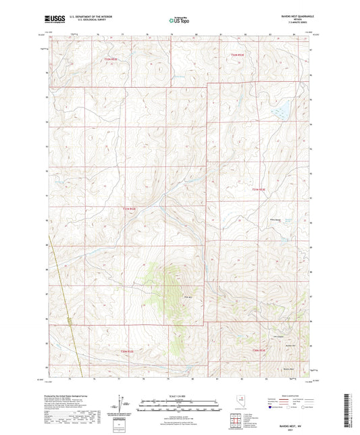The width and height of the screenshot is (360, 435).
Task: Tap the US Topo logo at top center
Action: pos(180,21)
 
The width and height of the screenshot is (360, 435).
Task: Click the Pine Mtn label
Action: pos(173,294)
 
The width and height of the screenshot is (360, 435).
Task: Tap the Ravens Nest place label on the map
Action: pos(289,369)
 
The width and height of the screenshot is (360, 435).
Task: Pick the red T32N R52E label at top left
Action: pos(111,59)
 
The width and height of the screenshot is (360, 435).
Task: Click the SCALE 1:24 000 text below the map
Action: pos(180,395)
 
